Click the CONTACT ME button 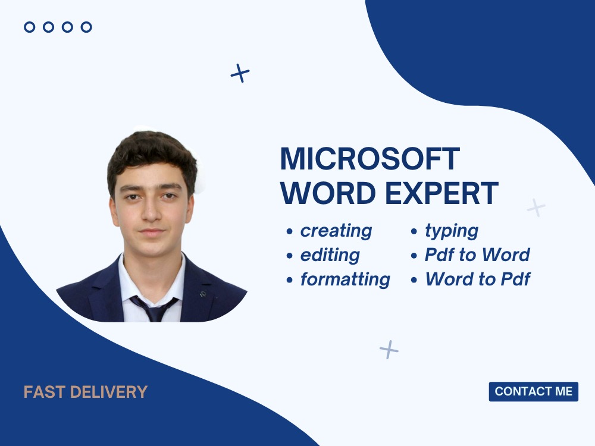click(533, 391)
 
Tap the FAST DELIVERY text click(85, 392)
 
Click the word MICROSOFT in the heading click(369, 159)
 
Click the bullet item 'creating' click(336, 231)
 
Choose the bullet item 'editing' click(330, 255)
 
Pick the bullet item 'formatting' click(345, 279)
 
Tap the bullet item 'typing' click(452, 231)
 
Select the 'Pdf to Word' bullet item click(477, 255)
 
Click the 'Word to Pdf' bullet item click(477, 279)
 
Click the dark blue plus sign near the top click(240, 73)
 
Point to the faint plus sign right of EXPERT click(536, 207)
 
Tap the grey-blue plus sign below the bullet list click(389, 349)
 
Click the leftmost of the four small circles click(29, 27)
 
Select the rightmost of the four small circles click(86, 27)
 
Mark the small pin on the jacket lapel click(203, 294)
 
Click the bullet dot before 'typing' click(414, 231)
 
